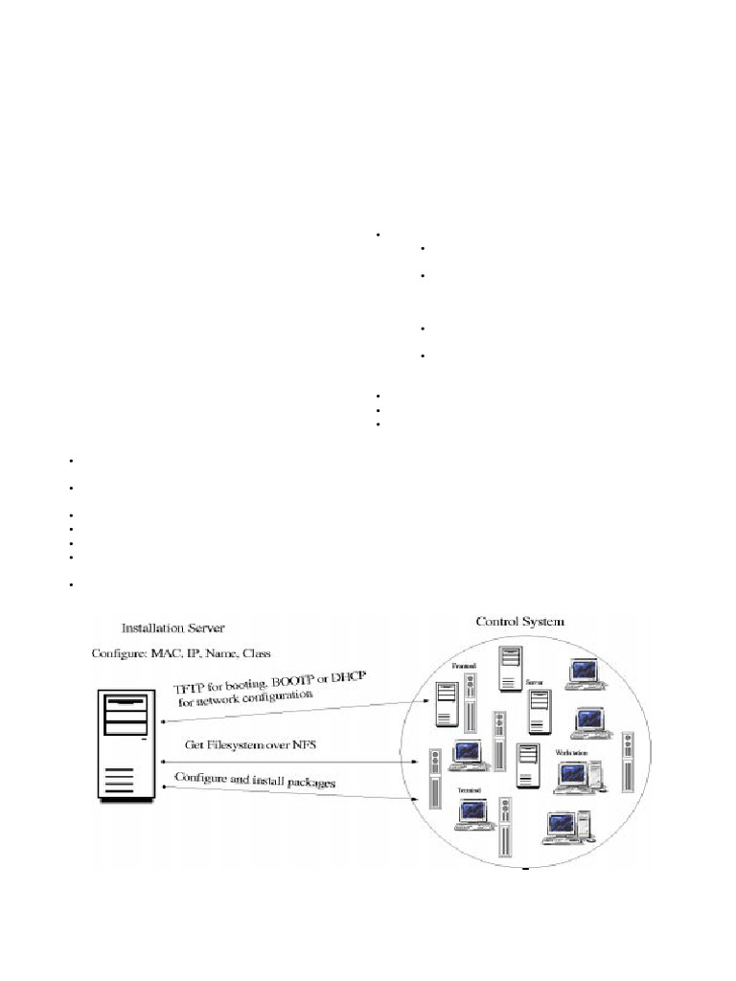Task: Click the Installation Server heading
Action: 172,628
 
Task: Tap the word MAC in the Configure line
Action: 162,653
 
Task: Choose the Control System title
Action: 520,621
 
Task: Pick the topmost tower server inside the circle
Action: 511,668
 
